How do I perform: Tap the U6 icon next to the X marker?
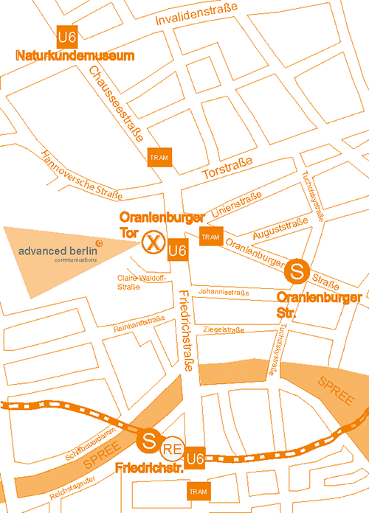178,251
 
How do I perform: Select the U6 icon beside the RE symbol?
195,458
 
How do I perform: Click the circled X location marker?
153,241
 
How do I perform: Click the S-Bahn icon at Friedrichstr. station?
148,442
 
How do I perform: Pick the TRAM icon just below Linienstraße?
210,237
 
